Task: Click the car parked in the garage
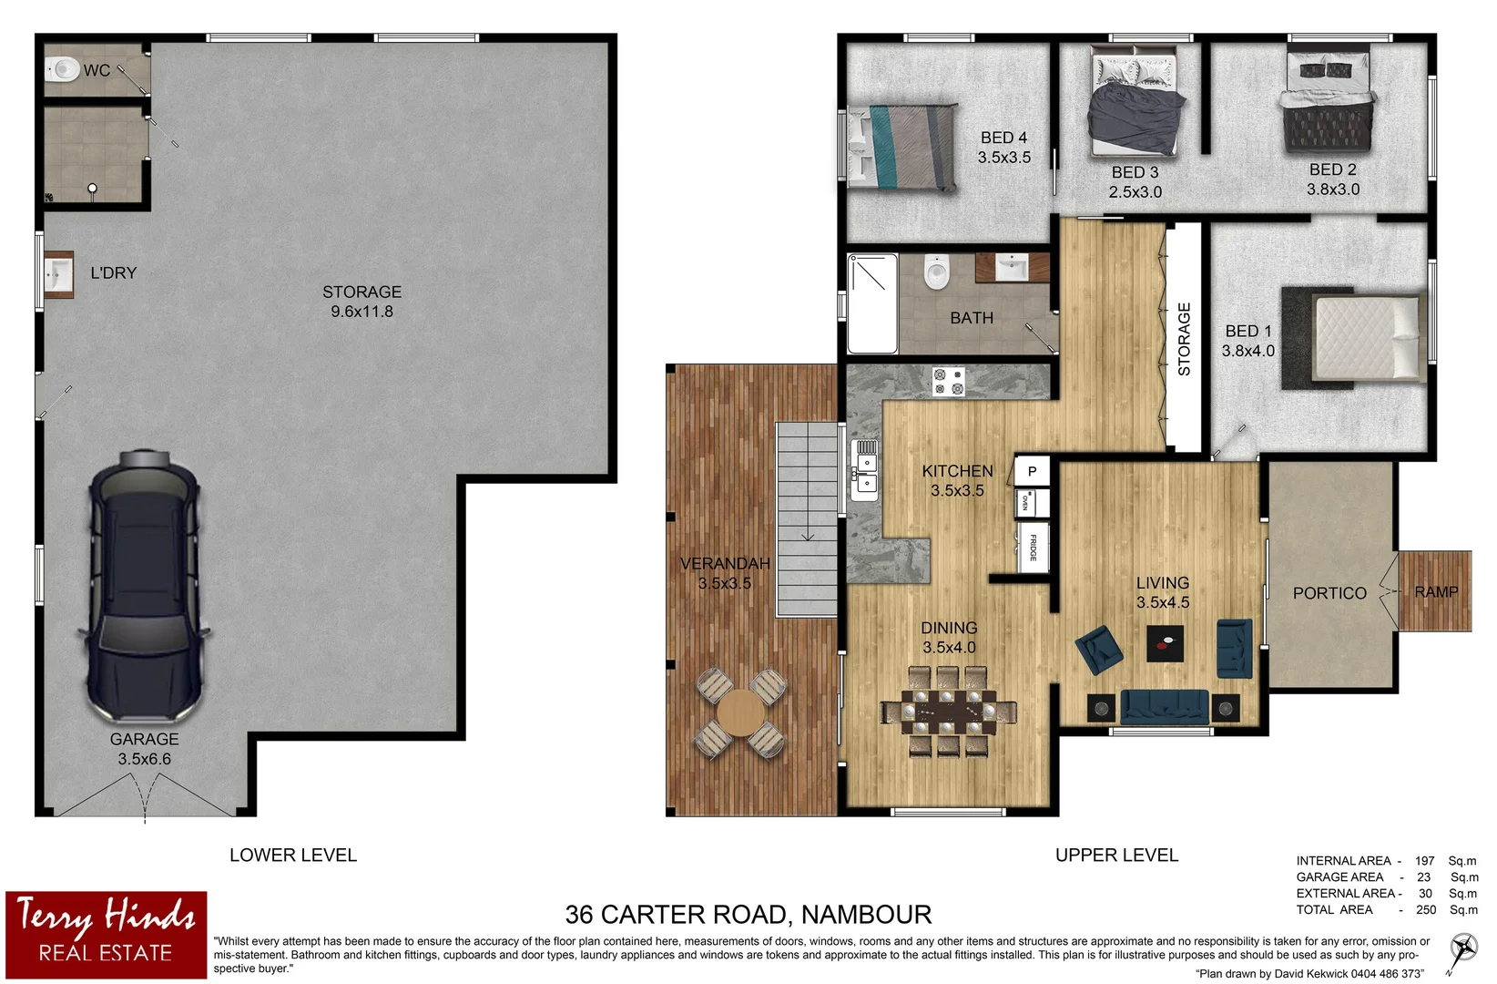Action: point(144,588)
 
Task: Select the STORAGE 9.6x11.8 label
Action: point(362,302)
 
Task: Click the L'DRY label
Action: point(113,272)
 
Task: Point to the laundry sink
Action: point(58,273)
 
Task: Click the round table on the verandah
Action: point(739,713)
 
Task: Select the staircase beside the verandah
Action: point(807,519)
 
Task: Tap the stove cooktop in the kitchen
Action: point(948,381)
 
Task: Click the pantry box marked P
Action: point(1032,471)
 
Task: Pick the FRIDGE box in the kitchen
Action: point(1034,547)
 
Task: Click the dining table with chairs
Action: point(948,712)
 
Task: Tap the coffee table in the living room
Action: point(1165,643)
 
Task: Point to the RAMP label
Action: point(1436,592)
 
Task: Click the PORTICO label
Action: point(1329,593)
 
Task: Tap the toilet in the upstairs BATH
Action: point(936,272)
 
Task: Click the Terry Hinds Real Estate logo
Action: point(107,935)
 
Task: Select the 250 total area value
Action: point(1426,910)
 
